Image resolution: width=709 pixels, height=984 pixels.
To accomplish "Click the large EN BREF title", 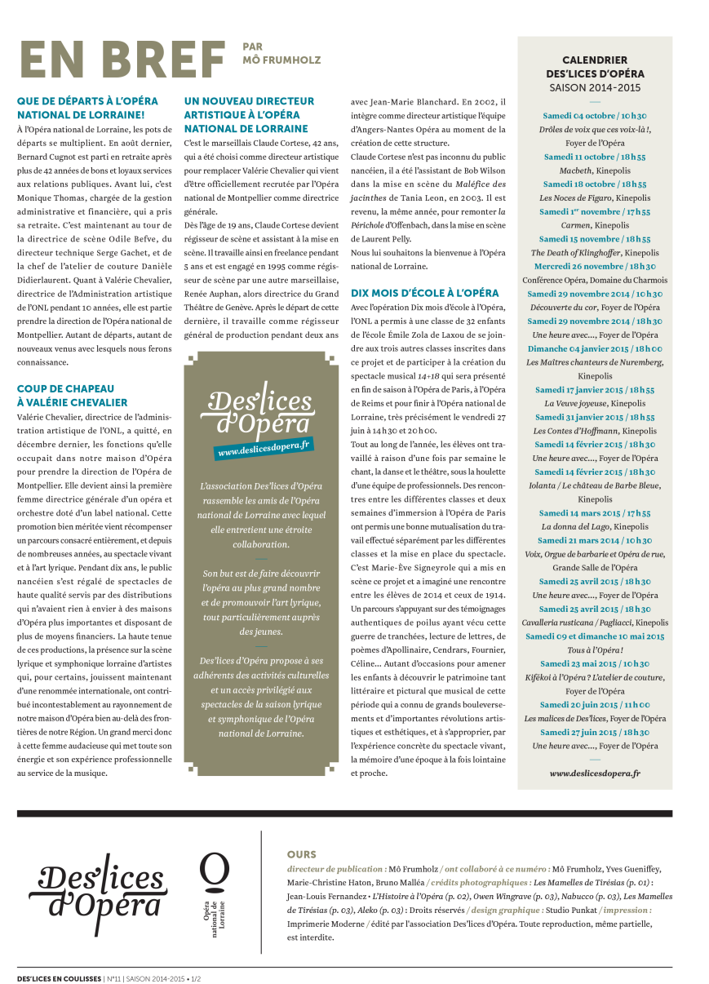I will click(122, 60).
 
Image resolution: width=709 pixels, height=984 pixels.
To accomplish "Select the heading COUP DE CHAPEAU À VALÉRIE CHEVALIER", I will click(73, 396).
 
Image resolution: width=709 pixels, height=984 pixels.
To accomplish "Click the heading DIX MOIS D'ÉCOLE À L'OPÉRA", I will click(425, 292).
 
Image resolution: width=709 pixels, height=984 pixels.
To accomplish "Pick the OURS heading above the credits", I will click(301, 854).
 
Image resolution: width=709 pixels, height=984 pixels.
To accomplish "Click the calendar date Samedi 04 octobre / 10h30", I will click(595, 117).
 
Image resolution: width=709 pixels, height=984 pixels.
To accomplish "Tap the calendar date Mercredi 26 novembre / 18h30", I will click(595, 266).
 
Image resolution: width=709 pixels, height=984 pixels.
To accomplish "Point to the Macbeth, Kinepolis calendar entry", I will click(595, 171).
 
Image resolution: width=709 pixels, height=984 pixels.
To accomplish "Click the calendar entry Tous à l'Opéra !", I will click(595, 649).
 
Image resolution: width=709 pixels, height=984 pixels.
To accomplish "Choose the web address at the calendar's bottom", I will click(595, 773).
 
